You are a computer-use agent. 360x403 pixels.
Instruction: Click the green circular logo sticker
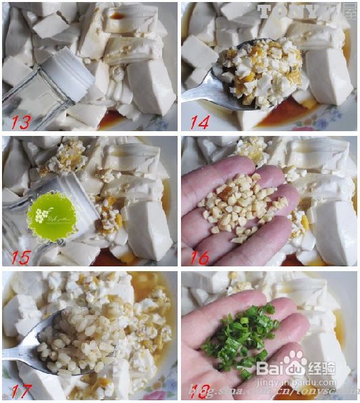coord(52,216)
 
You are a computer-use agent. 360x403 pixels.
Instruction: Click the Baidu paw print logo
coord(294,361)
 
